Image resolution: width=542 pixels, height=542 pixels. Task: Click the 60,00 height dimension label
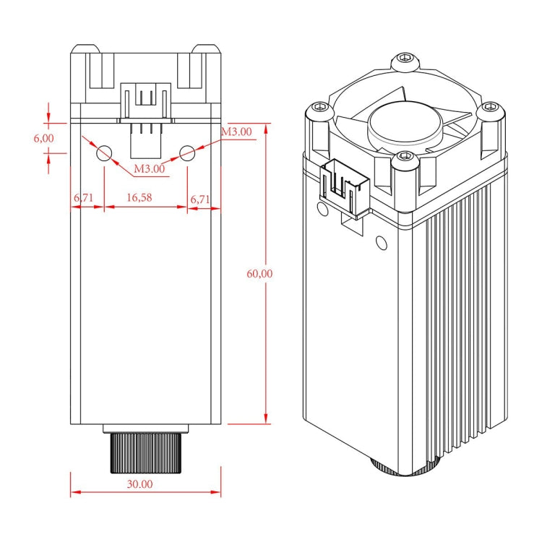point(259,273)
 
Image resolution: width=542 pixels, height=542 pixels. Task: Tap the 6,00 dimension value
point(43,137)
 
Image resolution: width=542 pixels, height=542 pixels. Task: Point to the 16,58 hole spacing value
point(139,197)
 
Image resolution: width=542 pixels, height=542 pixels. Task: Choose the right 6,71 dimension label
point(199,197)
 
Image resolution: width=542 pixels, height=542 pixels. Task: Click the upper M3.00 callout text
point(236,132)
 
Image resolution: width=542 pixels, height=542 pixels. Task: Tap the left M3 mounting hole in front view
point(104,152)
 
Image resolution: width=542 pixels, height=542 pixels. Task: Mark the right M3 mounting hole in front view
point(187,152)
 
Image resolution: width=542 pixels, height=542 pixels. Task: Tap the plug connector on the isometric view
point(345,186)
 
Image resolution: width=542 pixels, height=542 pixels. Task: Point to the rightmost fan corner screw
point(491,108)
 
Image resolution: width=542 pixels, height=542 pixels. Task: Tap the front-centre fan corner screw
point(404,157)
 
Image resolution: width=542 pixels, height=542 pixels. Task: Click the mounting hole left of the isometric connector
point(318,207)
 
